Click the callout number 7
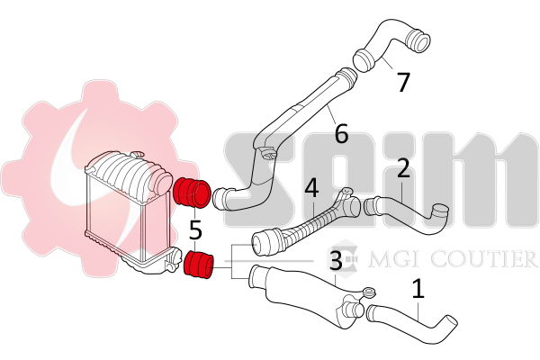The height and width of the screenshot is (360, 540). click(x=403, y=82)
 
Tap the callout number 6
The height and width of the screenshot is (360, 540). click(x=341, y=134)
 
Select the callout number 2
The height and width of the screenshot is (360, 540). click(x=403, y=168)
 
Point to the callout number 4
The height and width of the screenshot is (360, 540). click(x=311, y=188)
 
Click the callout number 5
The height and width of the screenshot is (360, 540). click(x=195, y=229)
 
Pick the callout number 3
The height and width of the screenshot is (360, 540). click(x=336, y=260)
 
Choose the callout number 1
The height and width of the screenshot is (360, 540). click(x=418, y=289)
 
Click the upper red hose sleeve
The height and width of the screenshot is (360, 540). click(x=192, y=193)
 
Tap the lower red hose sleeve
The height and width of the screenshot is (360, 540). click(x=199, y=265)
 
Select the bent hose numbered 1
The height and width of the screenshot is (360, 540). click(x=413, y=317)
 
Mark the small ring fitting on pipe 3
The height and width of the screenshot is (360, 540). click(x=369, y=292)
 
